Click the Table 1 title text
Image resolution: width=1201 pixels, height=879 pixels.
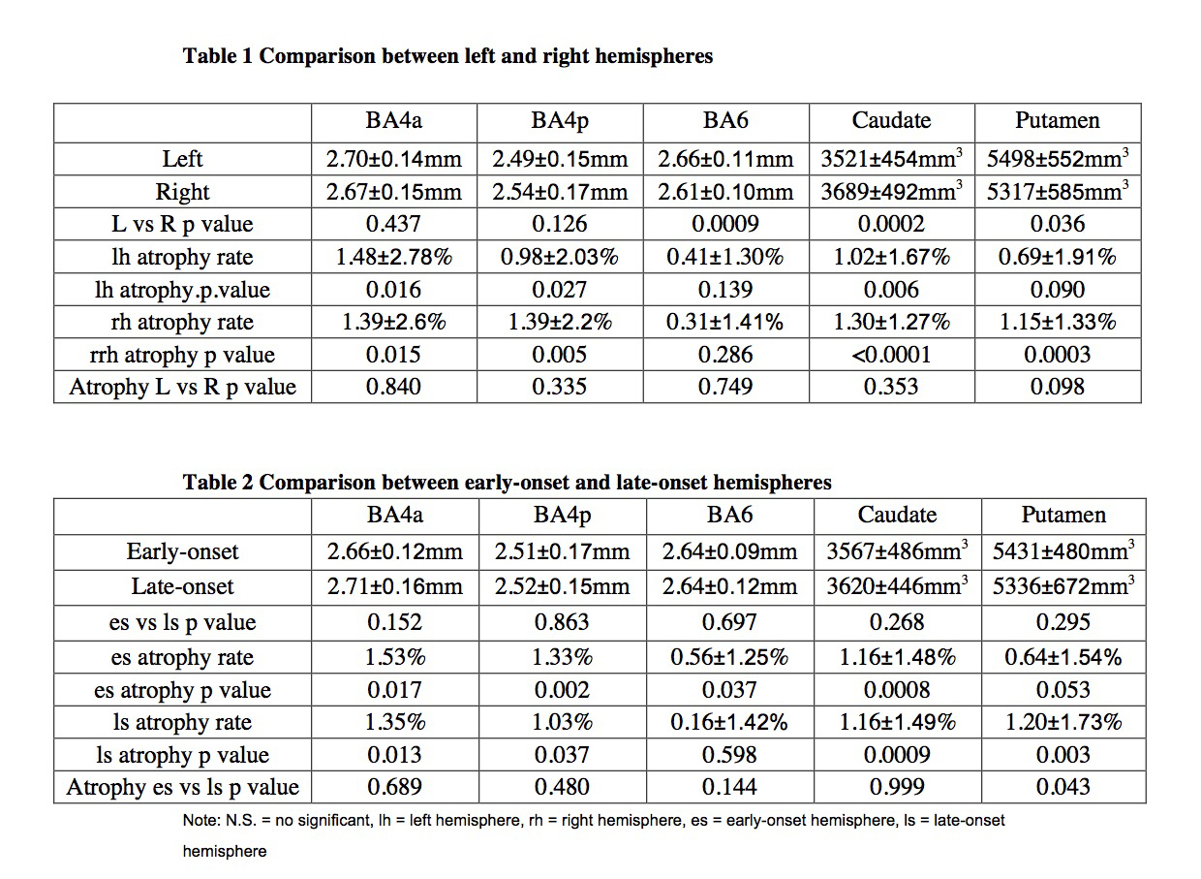coord(447,56)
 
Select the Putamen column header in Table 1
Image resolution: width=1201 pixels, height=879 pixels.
coord(1058,121)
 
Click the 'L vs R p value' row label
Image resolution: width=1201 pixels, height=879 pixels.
coord(182,224)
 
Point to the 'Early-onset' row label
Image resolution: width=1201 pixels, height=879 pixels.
coord(182,551)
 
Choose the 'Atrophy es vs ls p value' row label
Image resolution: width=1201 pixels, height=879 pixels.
coord(182,787)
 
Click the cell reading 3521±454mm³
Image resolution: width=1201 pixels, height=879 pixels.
coord(891,158)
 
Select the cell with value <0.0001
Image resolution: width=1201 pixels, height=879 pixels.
coord(891,355)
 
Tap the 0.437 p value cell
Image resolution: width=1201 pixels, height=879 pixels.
coord(393,224)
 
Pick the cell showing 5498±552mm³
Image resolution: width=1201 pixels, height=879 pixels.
coord(1058,158)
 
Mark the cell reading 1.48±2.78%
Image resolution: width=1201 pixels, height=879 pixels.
coord(393,257)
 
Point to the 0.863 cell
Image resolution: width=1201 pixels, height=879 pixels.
coord(562,622)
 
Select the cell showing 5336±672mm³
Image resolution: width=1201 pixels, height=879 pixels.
coord(1062,586)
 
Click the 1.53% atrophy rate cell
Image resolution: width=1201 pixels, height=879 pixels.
coord(394,657)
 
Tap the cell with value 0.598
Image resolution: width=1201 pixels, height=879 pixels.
coord(729,755)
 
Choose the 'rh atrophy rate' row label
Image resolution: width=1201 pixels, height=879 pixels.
coord(182,323)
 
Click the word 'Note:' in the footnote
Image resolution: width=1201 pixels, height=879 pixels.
coord(200,821)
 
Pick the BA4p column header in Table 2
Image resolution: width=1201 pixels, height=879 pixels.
coord(562,515)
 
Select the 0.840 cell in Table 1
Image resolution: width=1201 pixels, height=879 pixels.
coord(393,387)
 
